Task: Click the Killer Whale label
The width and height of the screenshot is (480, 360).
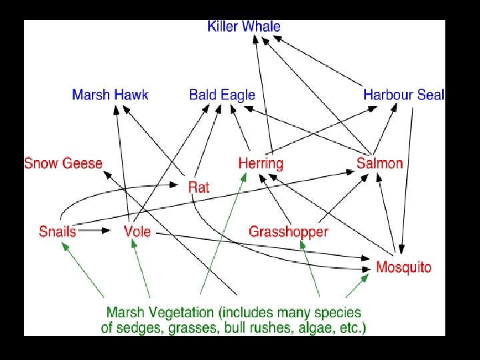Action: pyautogui.click(x=243, y=27)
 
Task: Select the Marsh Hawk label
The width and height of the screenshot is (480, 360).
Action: pyautogui.click(x=110, y=95)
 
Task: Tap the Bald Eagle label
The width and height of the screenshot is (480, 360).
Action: pyautogui.click(x=222, y=95)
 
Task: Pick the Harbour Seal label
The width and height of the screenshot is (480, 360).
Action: pyautogui.click(x=403, y=95)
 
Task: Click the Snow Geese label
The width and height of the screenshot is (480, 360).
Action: pyautogui.click(x=63, y=163)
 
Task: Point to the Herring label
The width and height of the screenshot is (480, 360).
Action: pyautogui.click(x=261, y=163)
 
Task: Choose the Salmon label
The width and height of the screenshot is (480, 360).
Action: pyautogui.click(x=379, y=163)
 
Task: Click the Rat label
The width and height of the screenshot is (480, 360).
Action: pyautogui.click(x=199, y=187)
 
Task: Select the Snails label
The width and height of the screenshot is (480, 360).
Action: pyautogui.click(x=57, y=232)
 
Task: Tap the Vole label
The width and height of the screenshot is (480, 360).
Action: pyautogui.click(x=137, y=232)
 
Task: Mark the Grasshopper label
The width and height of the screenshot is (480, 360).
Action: pyautogui.click(x=288, y=232)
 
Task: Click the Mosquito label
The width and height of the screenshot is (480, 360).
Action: pyautogui.click(x=403, y=267)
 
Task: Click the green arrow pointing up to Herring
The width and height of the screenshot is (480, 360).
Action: pyautogui.click(x=223, y=233)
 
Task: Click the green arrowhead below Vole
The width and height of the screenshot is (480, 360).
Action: pyautogui.click(x=135, y=245)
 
